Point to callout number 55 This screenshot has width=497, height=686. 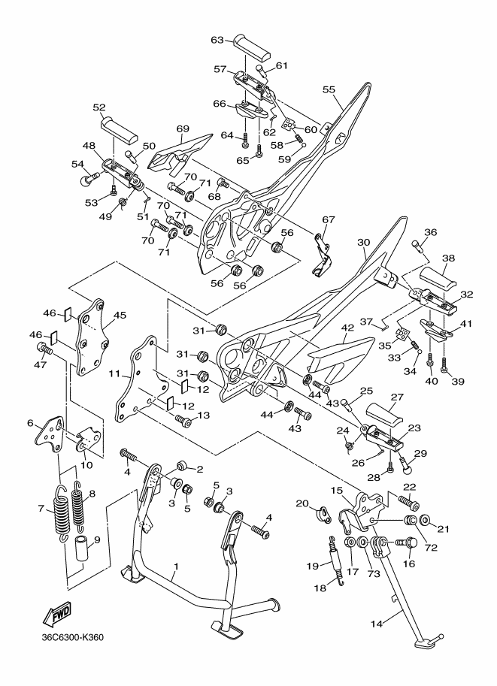(x=329, y=89)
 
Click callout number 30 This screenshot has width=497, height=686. (x=364, y=243)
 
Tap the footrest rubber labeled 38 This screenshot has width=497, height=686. (x=436, y=281)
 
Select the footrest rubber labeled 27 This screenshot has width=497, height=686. (x=392, y=414)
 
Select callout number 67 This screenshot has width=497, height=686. (x=328, y=219)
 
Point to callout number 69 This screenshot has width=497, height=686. (x=182, y=129)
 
